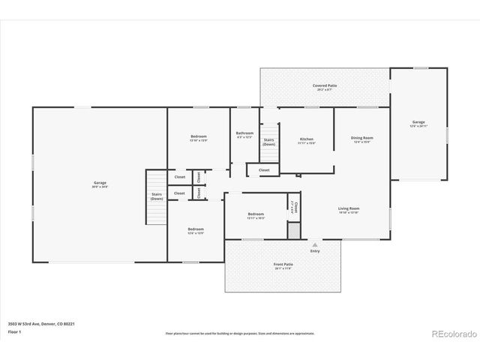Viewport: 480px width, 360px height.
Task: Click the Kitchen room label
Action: [307, 140]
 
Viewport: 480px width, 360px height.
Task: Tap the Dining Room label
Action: [362, 139]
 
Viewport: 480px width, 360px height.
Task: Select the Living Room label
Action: [349, 209]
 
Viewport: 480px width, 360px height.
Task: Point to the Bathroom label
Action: [244, 134]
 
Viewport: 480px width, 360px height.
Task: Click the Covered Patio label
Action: [325, 87]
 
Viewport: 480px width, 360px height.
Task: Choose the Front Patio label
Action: [283, 266]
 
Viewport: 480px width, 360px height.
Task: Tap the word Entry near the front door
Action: [314, 251]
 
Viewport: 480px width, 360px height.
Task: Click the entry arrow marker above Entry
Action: [314, 244]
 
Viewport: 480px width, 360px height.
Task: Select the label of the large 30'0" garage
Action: [100, 184]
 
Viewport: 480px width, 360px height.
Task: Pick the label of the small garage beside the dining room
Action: [418, 124]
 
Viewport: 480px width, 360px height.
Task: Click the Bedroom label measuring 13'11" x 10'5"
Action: [256, 215]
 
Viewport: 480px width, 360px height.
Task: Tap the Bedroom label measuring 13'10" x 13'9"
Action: [198, 138]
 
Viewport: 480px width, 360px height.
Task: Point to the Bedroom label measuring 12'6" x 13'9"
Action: [196, 230]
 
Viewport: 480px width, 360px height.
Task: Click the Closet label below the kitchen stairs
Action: [264, 170]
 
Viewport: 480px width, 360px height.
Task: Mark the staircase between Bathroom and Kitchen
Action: [269, 142]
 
